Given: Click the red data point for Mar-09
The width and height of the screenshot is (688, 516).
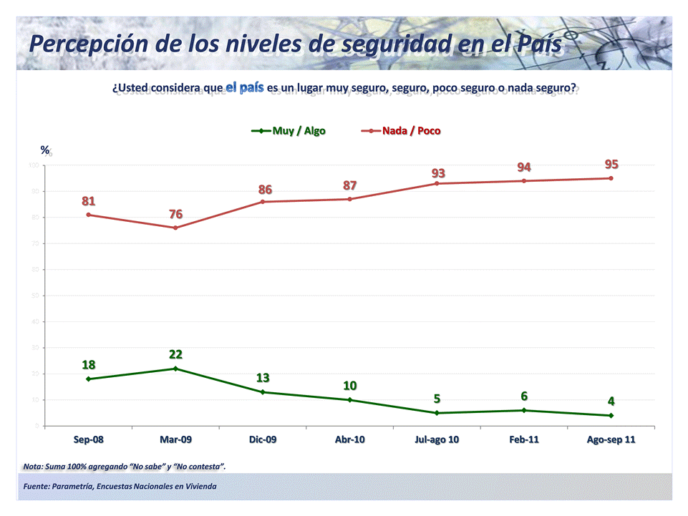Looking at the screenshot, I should pos(175,228).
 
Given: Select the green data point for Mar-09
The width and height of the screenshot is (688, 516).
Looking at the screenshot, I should pos(175,369).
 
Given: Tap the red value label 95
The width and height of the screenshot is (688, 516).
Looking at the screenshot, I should pos(611,165).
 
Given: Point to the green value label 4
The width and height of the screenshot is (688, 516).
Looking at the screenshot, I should pos(611,401).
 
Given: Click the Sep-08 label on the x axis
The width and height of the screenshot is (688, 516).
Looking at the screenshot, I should pos(88,439).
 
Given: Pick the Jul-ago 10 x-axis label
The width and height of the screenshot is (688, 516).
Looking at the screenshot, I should pos(437,439).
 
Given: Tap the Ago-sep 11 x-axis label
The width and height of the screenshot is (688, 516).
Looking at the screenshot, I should pos(611,439).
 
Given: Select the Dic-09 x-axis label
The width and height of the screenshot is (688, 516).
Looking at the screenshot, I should pos(263,439).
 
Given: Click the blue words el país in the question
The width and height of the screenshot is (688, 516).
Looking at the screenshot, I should pos(245,88).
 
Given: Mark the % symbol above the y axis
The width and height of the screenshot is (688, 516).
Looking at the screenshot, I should pos(45,150).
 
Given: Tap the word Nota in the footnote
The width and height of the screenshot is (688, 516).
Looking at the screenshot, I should pos(32,467).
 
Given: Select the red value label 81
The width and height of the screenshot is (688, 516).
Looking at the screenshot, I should pos(88,201).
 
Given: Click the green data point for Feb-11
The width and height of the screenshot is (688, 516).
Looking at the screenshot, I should pos(524,410).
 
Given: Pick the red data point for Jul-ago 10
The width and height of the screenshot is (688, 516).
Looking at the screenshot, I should pos(437,183).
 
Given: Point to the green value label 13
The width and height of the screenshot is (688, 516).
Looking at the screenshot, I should pos(263,378).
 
